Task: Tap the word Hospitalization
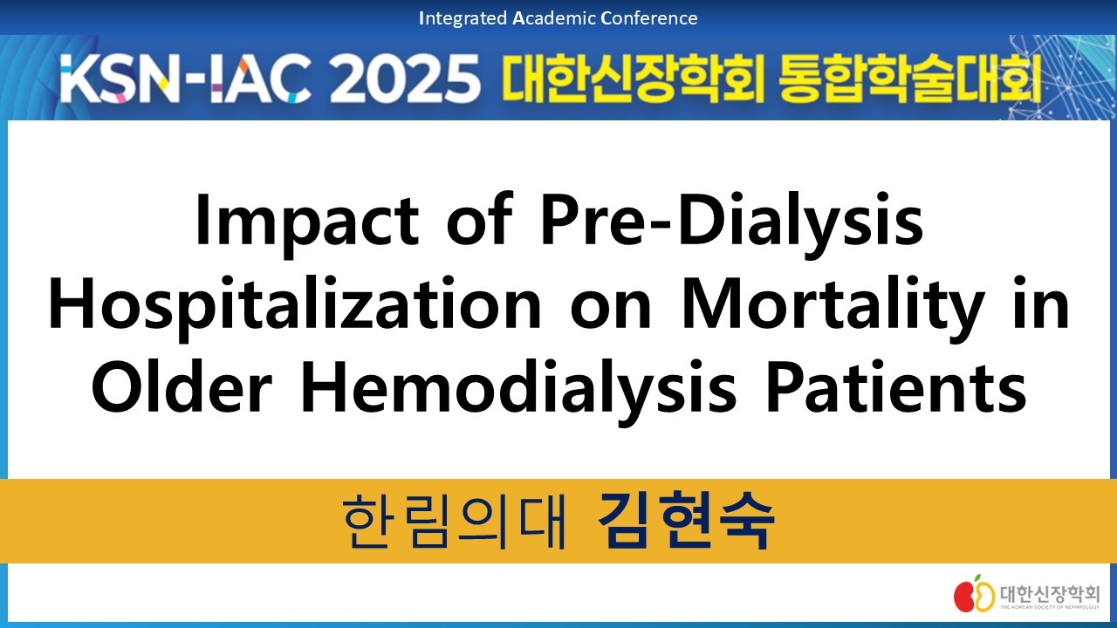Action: [x=294, y=306]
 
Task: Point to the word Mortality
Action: [x=832, y=306]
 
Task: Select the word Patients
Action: [x=895, y=389]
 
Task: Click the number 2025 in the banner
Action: [x=404, y=78]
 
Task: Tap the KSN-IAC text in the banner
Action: [x=187, y=78]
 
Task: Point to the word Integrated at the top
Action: [x=463, y=18]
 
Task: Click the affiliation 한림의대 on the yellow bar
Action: [x=455, y=522]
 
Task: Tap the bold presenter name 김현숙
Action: [x=686, y=521]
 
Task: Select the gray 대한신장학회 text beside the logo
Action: [x=1049, y=594]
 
